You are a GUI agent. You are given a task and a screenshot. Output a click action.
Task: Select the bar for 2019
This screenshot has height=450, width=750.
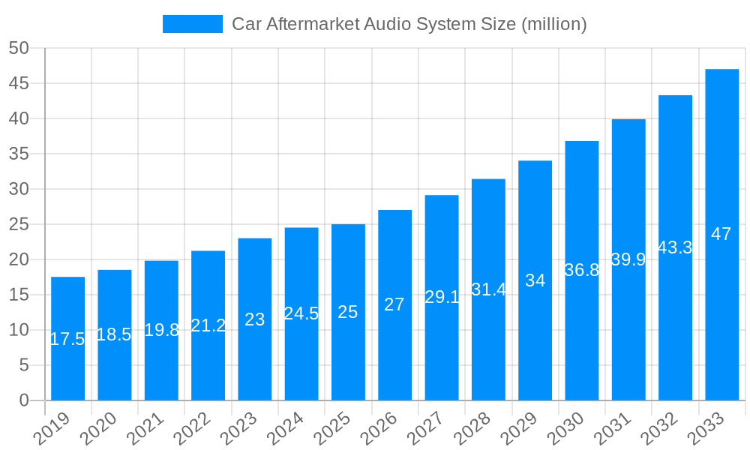pyautogui.click(x=67, y=338)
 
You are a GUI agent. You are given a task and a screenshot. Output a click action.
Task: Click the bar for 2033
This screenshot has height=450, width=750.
pyautogui.click(x=721, y=235)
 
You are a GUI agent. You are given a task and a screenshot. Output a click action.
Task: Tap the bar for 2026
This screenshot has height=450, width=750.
pyautogui.click(x=394, y=305)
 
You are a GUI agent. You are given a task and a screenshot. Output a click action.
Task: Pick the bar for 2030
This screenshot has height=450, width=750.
pyautogui.click(x=581, y=271)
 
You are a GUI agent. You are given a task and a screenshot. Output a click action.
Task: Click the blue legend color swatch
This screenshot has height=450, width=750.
pyautogui.click(x=193, y=24)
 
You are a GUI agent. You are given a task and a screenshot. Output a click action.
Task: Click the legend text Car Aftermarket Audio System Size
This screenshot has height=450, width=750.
pyautogui.click(x=409, y=24)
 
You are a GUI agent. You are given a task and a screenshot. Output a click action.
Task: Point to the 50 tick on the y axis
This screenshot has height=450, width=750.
pyautogui.click(x=19, y=48)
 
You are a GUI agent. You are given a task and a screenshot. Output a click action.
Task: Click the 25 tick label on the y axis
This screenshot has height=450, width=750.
pyautogui.click(x=19, y=224)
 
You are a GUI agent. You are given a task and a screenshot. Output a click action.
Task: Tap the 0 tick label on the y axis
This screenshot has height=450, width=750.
pyautogui.click(x=24, y=400)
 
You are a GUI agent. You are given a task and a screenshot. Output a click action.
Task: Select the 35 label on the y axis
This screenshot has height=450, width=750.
pyautogui.click(x=19, y=154)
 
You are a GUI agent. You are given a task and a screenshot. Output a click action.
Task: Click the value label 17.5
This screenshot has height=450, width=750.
pyautogui.click(x=67, y=339)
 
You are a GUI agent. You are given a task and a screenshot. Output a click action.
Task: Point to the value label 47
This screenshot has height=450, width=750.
pyautogui.click(x=721, y=234)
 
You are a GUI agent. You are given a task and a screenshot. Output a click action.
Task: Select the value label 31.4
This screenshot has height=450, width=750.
pyautogui.click(x=488, y=289)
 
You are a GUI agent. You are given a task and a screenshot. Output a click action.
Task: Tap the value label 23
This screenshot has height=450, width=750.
pyautogui.click(x=255, y=319)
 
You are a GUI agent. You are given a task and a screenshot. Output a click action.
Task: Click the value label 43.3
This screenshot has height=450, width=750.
pyautogui.click(x=675, y=247)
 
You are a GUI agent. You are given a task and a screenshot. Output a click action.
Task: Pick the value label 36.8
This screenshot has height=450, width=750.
pyautogui.click(x=581, y=270)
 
